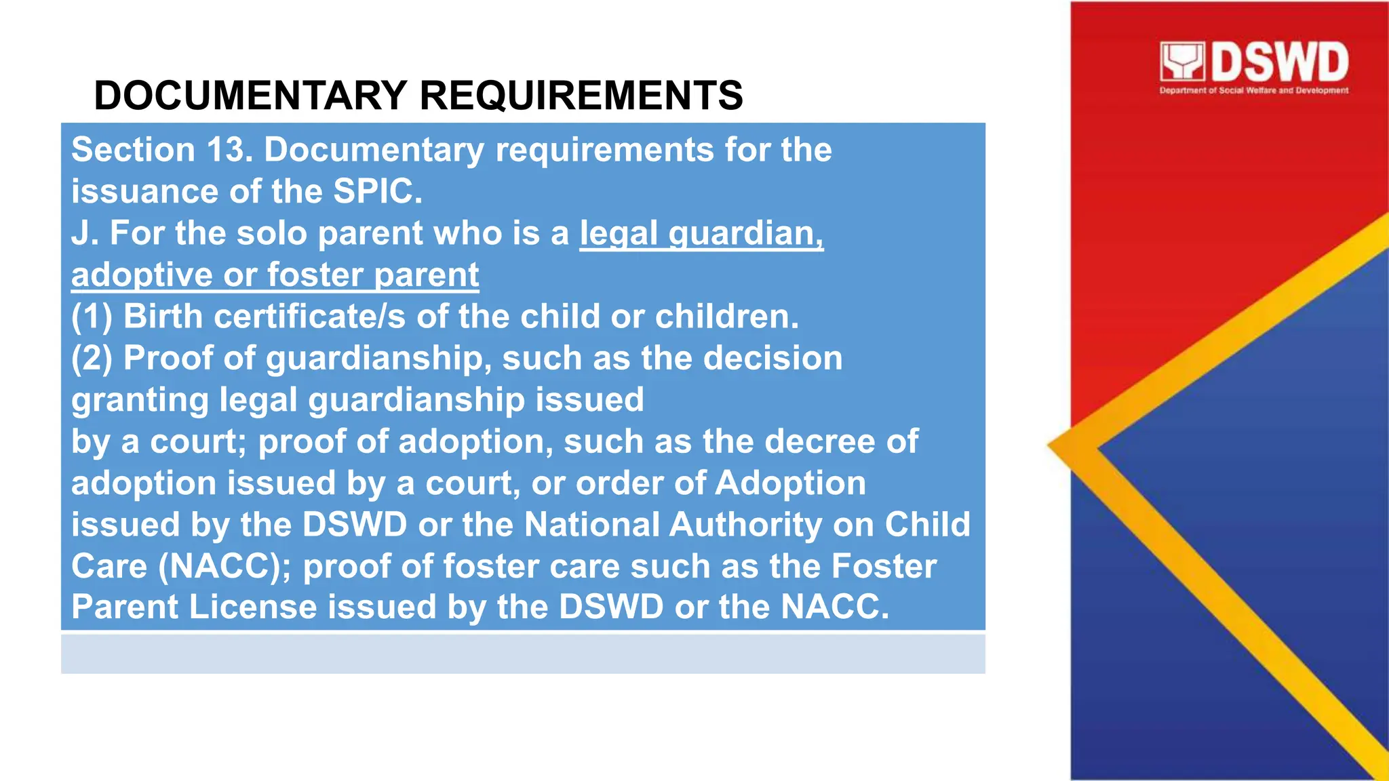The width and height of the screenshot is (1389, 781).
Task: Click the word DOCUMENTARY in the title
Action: pos(250,95)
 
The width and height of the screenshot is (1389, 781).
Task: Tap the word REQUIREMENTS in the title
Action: pos(581,95)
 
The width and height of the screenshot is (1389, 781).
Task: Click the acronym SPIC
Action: pos(377,191)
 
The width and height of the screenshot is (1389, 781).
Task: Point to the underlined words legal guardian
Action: pos(701,233)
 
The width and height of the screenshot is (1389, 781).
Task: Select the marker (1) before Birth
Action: pos(92,317)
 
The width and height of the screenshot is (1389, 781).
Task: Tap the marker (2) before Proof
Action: pos(92,358)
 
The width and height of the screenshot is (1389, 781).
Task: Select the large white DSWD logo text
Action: pos(1279,62)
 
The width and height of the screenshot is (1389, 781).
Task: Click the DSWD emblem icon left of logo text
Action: pos(1182,62)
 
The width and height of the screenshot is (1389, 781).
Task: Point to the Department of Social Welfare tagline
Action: pos(1253,90)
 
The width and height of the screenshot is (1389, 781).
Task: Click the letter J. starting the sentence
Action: pos(85,233)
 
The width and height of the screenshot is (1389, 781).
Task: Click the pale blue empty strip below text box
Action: pos(522,654)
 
